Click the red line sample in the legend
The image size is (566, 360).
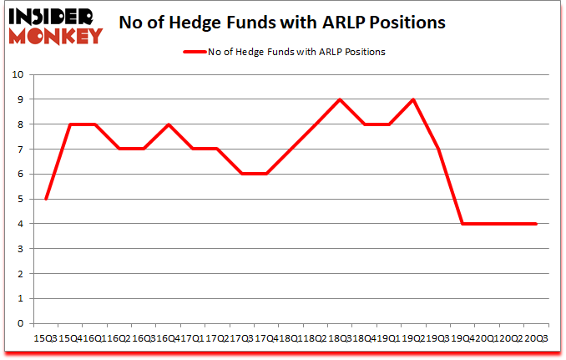click(x=196, y=51)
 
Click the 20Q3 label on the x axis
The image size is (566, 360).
click(x=535, y=337)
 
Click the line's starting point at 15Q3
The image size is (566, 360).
click(x=45, y=199)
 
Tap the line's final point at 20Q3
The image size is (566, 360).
click(x=535, y=224)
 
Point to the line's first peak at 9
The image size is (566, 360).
click(x=339, y=99)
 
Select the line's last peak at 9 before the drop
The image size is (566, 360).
click(x=412, y=99)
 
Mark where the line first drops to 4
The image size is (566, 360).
click(x=462, y=224)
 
